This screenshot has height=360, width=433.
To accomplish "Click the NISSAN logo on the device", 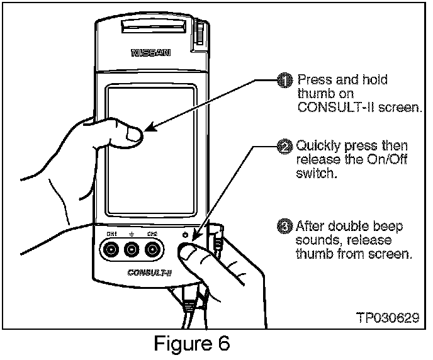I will [x=150, y=53].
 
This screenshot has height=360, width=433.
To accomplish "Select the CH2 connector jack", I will [x=151, y=250].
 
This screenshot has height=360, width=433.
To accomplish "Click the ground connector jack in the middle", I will [x=132, y=250].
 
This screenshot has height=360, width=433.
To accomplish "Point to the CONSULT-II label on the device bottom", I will [x=145, y=273].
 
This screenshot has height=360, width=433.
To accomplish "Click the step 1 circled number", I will [x=286, y=81].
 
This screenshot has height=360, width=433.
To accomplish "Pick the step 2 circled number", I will [x=286, y=147].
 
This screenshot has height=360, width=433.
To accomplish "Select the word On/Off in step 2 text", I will [x=388, y=160].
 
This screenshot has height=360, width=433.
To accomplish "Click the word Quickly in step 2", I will [x=317, y=147].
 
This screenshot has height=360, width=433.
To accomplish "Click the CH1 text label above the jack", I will [x=111, y=234].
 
